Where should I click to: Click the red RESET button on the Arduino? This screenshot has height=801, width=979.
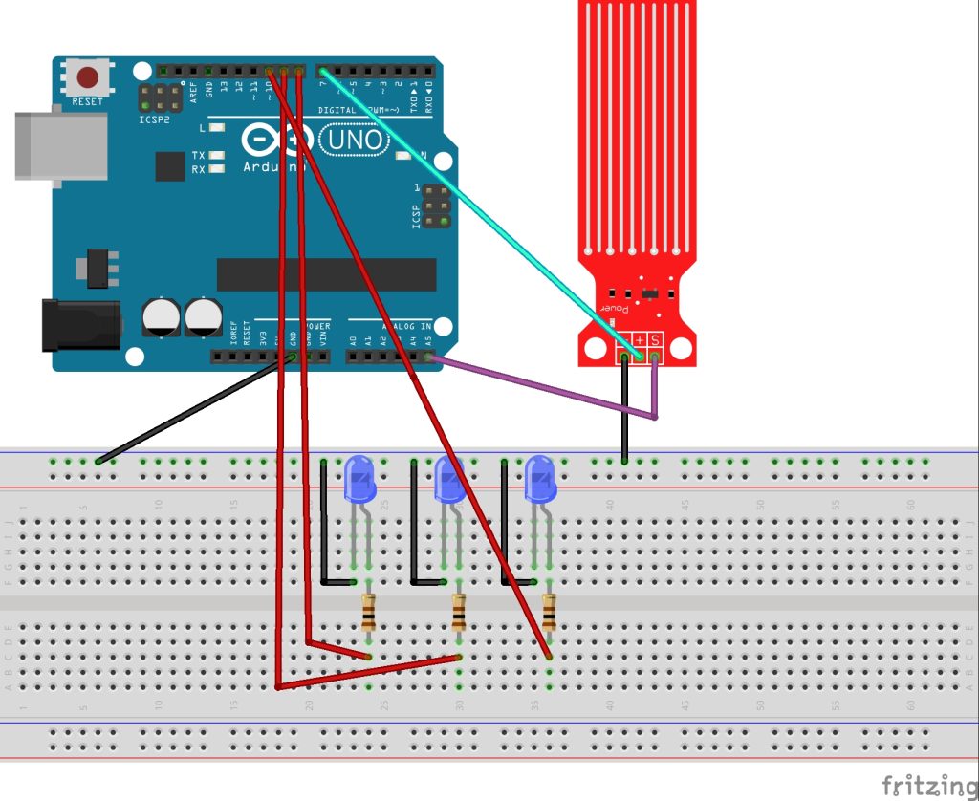88,76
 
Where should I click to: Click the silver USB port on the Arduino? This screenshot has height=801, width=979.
59,145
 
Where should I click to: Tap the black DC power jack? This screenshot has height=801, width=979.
81,325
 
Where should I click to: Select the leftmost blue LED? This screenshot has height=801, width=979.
359,477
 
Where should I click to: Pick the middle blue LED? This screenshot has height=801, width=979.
449,477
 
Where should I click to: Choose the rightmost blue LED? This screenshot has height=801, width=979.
539,477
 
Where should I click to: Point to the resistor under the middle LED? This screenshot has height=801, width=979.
459,611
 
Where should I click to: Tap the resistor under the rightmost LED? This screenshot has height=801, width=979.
549,611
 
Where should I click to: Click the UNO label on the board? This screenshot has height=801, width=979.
354,141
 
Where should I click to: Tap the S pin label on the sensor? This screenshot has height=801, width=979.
655,340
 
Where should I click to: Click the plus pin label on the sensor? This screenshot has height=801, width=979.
640,340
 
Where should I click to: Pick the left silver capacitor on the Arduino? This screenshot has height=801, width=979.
160,316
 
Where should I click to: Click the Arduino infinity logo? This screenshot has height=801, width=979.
276,141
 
